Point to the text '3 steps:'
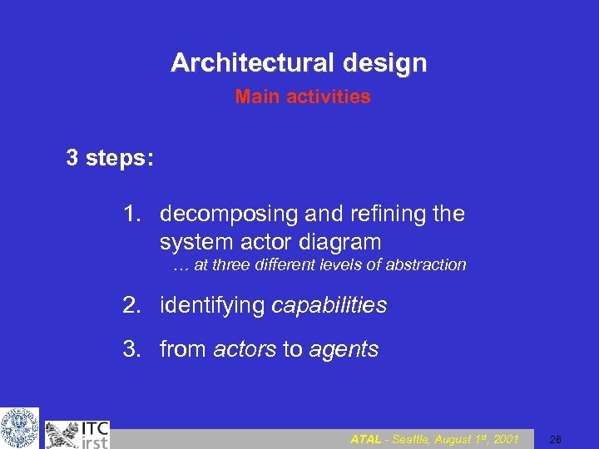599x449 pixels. [109, 158]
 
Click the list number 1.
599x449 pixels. [131, 215]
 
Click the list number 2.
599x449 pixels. [131, 306]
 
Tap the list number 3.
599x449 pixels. [131, 350]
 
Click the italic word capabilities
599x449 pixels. [329, 306]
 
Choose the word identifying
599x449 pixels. [213, 306]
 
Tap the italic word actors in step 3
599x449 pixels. [245, 350]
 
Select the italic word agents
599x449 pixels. [344, 350]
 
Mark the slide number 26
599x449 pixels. [556, 439]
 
